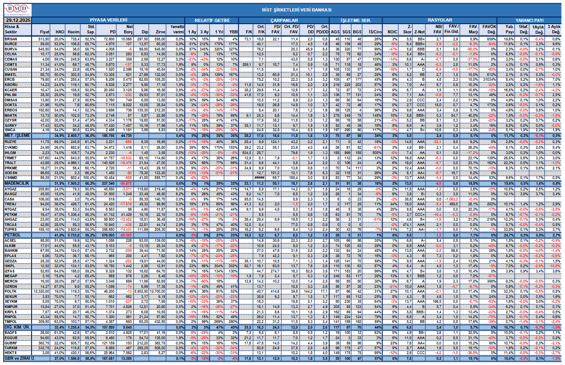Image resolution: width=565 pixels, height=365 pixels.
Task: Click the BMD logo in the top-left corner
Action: (16, 10)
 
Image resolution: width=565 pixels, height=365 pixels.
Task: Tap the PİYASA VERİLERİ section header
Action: (108, 20)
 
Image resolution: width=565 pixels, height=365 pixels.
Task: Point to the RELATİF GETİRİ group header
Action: (212, 20)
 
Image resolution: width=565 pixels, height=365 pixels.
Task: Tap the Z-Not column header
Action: (420, 32)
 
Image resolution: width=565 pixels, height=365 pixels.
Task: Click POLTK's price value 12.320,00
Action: (40, 290)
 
